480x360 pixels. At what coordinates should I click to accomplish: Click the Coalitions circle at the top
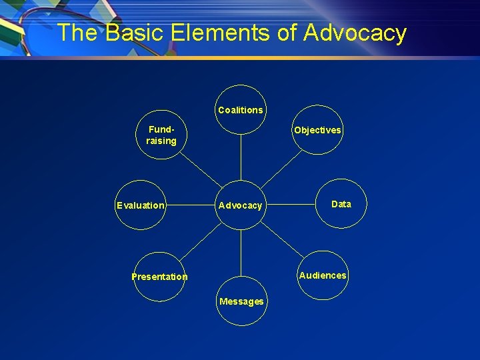click(241, 110)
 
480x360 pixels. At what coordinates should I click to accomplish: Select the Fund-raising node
click(161, 135)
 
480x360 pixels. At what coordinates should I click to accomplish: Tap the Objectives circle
click(317, 131)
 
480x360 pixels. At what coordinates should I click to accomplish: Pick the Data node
click(341, 204)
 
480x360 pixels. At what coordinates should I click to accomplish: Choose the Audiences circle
click(323, 275)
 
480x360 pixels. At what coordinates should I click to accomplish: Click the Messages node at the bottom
click(241, 301)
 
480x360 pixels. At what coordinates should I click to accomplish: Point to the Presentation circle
click(160, 277)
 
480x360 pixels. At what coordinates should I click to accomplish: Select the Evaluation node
click(141, 205)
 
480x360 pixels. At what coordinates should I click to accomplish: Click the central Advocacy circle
click(241, 205)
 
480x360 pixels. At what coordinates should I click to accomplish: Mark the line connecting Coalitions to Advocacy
click(241, 157)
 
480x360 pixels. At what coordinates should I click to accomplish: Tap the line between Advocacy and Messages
click(241, 253)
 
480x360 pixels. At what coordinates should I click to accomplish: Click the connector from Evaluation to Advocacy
click(191, 205)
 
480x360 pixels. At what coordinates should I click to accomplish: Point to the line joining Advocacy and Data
click(291, 204)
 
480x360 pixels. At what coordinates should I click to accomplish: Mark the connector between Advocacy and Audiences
click(282, 241)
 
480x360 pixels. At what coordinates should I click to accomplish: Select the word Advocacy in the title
click(354, 32)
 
